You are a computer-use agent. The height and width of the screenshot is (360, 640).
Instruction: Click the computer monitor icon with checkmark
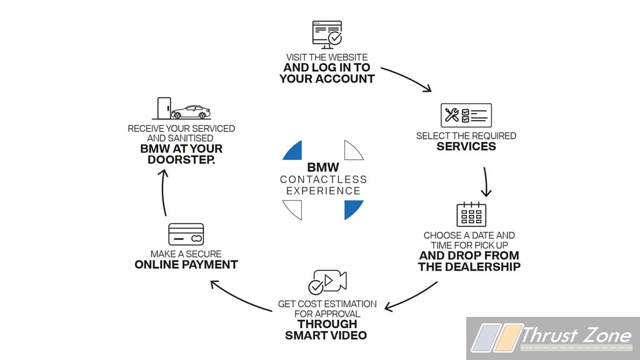tap(327, 35)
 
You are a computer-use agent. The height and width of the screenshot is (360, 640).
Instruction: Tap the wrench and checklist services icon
tap(466, 115)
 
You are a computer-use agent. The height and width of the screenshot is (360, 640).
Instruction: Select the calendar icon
tap(471, 214)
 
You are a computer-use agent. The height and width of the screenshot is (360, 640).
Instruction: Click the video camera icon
tap(327, 282)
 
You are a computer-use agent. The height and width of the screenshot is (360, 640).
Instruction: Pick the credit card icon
tap(186, 234)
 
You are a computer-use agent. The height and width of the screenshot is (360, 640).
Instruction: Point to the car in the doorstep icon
tap(191, 112)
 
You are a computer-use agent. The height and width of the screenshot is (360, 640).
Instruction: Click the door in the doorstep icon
tap(164, 108)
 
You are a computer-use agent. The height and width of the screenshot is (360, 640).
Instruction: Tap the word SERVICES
tap(466, 146)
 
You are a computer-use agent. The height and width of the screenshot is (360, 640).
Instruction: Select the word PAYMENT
tap(211, 264)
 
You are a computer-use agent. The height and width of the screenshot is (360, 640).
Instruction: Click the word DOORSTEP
tap(181, 159)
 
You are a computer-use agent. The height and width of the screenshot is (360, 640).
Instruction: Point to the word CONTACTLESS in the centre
tap(324, 179)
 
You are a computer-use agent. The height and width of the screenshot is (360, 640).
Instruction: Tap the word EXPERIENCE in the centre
tap(323, 191)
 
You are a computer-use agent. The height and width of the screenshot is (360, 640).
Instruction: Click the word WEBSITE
tap(347, 57)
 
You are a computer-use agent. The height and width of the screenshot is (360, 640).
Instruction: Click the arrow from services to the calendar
tap(486, 182)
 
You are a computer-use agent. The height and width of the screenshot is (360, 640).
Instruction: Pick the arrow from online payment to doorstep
tap(163, 192)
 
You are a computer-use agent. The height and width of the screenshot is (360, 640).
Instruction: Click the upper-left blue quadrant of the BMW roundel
tap(293, 150)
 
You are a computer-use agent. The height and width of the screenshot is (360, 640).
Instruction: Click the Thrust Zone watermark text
tap(576, 336)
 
